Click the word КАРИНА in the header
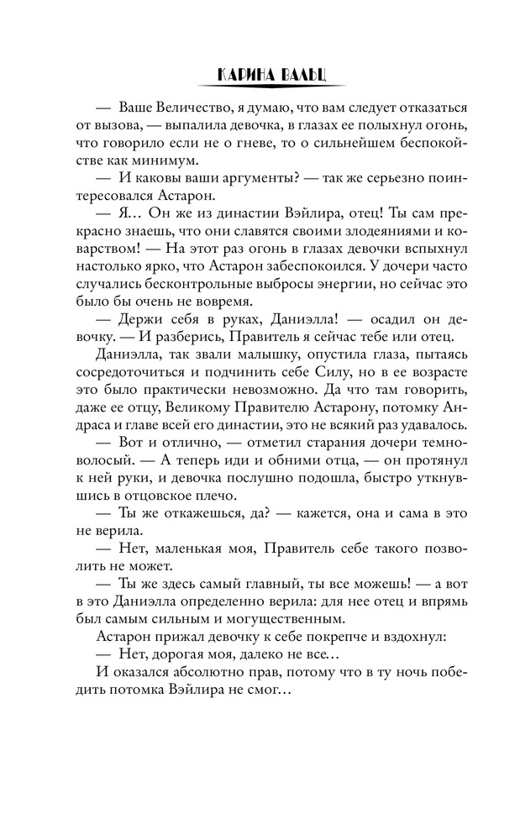pyautogui.click(x=239, y=75)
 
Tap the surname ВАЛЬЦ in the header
pyautogui.click(x=296, y=75)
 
